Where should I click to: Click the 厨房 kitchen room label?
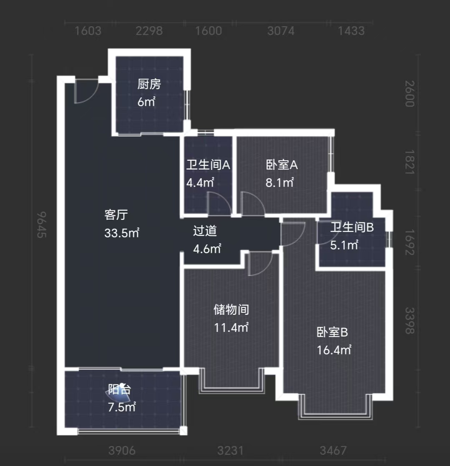149,84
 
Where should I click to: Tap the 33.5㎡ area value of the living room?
122,233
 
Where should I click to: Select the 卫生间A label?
208,165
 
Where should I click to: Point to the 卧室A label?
282,165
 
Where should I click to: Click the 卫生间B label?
352,227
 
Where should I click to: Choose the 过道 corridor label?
205,231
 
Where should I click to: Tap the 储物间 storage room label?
231,310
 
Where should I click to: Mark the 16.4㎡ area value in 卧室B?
334,350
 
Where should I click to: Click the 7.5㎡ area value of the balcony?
122,407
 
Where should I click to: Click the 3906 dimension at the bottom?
121,451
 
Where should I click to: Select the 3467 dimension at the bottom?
333,451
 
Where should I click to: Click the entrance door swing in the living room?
85,92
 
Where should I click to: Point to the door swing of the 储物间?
259,264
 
